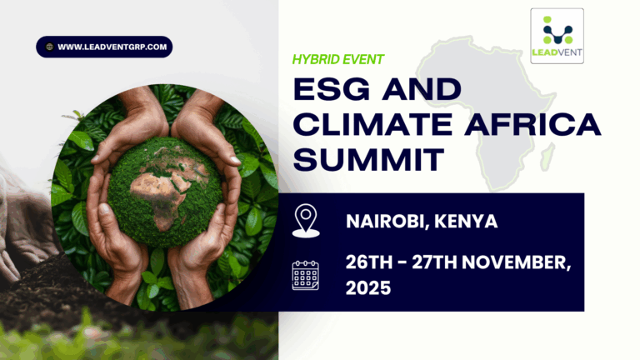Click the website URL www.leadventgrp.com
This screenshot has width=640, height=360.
(x=112, y=47)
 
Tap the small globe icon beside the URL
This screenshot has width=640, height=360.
(x=49, y=47)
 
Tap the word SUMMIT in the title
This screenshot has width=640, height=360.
(x=368, y=160)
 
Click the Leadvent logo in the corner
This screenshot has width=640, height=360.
(x=557, y=36)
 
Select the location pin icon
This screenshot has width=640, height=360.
(x=306, y=220)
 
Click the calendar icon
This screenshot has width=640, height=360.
(x=306, y=276)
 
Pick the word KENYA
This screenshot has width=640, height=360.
(x=466, y=222)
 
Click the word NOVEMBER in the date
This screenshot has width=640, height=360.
(x=517, y=262)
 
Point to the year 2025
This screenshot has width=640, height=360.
(x=368, y=287)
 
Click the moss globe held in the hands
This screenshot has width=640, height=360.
(x=165, y=192)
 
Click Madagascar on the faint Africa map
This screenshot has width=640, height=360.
(x=548, y=157)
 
